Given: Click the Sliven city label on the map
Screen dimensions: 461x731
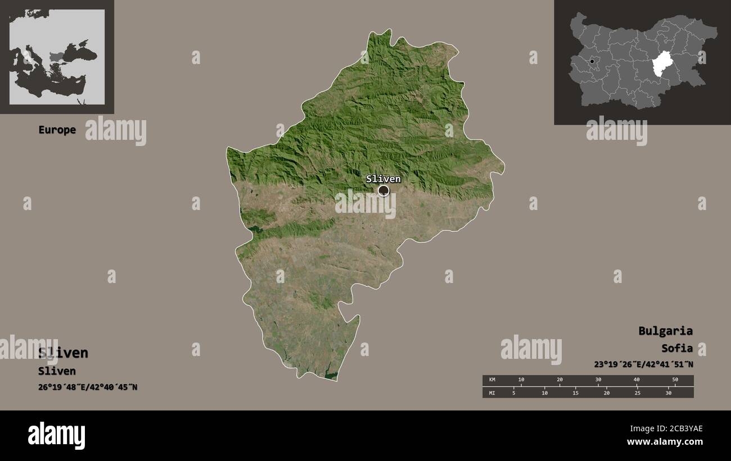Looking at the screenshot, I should point(383,179).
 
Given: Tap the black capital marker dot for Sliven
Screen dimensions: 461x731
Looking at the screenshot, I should point(383,191).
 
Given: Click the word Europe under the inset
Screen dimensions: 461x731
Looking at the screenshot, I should point(57,130).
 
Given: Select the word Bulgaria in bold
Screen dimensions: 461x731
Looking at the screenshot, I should point(665,331).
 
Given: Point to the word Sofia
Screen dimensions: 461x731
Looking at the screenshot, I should point(677,348).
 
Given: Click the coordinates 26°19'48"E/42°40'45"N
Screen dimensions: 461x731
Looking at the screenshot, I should point(88,387).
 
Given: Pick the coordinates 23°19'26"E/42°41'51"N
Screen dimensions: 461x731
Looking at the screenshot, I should point(643,364).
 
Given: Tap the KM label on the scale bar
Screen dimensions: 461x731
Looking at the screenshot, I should point(492,380).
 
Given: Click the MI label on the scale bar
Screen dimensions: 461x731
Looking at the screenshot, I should point(492,392).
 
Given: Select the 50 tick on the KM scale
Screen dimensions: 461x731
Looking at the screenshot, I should point(675,380).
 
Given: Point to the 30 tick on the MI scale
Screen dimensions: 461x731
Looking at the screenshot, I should point(668,392).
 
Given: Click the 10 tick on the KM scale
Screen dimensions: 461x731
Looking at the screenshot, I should point(521,380).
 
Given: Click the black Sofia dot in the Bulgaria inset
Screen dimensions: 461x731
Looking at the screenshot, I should point(592,61).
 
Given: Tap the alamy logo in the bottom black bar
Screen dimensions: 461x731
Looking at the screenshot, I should point(57,435).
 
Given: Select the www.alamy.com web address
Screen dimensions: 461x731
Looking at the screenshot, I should point(665,442).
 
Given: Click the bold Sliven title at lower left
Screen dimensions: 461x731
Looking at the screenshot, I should point(63,353).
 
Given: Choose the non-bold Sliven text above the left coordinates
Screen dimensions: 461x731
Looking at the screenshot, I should point(57,371).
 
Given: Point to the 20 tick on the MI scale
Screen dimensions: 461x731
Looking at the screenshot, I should point(606,392).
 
